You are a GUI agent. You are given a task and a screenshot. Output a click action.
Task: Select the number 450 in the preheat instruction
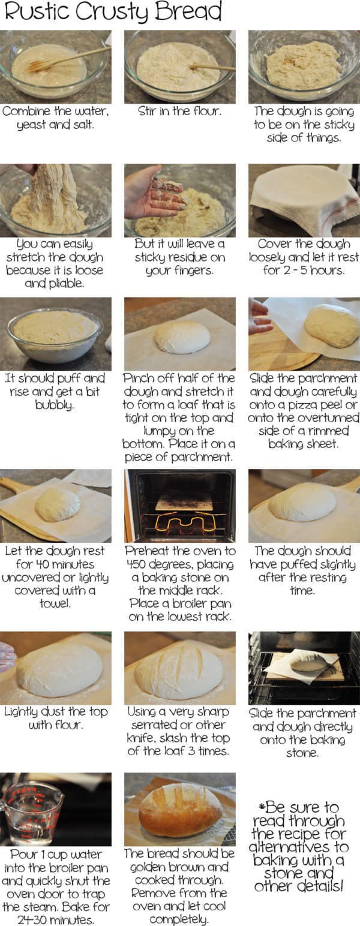tap(140, 564)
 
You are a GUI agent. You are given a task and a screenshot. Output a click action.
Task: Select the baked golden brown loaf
tap(180, 810)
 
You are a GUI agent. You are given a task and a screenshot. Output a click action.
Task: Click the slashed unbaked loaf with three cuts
tap(179, 672)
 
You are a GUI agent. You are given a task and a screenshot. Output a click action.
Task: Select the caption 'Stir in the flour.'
tap(179, 112)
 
